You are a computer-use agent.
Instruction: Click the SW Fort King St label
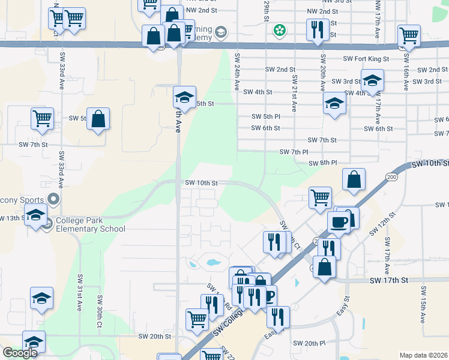coord(366,59)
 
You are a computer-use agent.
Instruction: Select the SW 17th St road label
coord(388,280)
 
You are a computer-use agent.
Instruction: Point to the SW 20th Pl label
coord(309,343)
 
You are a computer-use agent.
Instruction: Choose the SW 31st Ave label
coord(79,292)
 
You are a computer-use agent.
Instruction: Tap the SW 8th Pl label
coord(323,163)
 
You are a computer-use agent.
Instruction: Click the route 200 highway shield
coord(392,177)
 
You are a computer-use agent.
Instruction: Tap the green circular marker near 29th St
coord(279,29)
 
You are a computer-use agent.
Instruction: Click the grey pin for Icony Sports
coord(53,199)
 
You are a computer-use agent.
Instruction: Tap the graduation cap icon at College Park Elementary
coord(35,215)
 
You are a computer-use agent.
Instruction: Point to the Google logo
coord(20,353)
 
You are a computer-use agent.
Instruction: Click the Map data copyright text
coord(423,355)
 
